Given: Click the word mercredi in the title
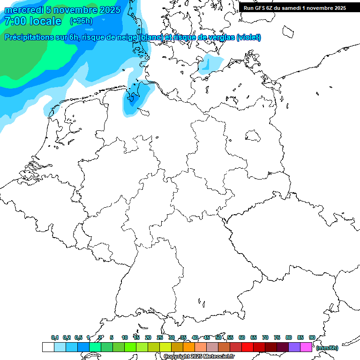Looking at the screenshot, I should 22,10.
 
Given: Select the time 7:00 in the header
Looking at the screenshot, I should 15,22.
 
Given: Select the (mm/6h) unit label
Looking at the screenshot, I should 327,348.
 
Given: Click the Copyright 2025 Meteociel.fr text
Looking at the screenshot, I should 199,357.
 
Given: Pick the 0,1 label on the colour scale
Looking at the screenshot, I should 55,338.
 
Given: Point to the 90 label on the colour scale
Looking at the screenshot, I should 312,338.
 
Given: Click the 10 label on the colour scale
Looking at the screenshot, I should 124,338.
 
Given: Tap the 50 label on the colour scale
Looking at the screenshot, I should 218,338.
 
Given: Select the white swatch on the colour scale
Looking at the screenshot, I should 48,347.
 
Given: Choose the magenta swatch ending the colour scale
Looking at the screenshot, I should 306,347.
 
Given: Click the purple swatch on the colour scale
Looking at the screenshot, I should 294,347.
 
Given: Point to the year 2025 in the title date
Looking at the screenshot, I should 109,10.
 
